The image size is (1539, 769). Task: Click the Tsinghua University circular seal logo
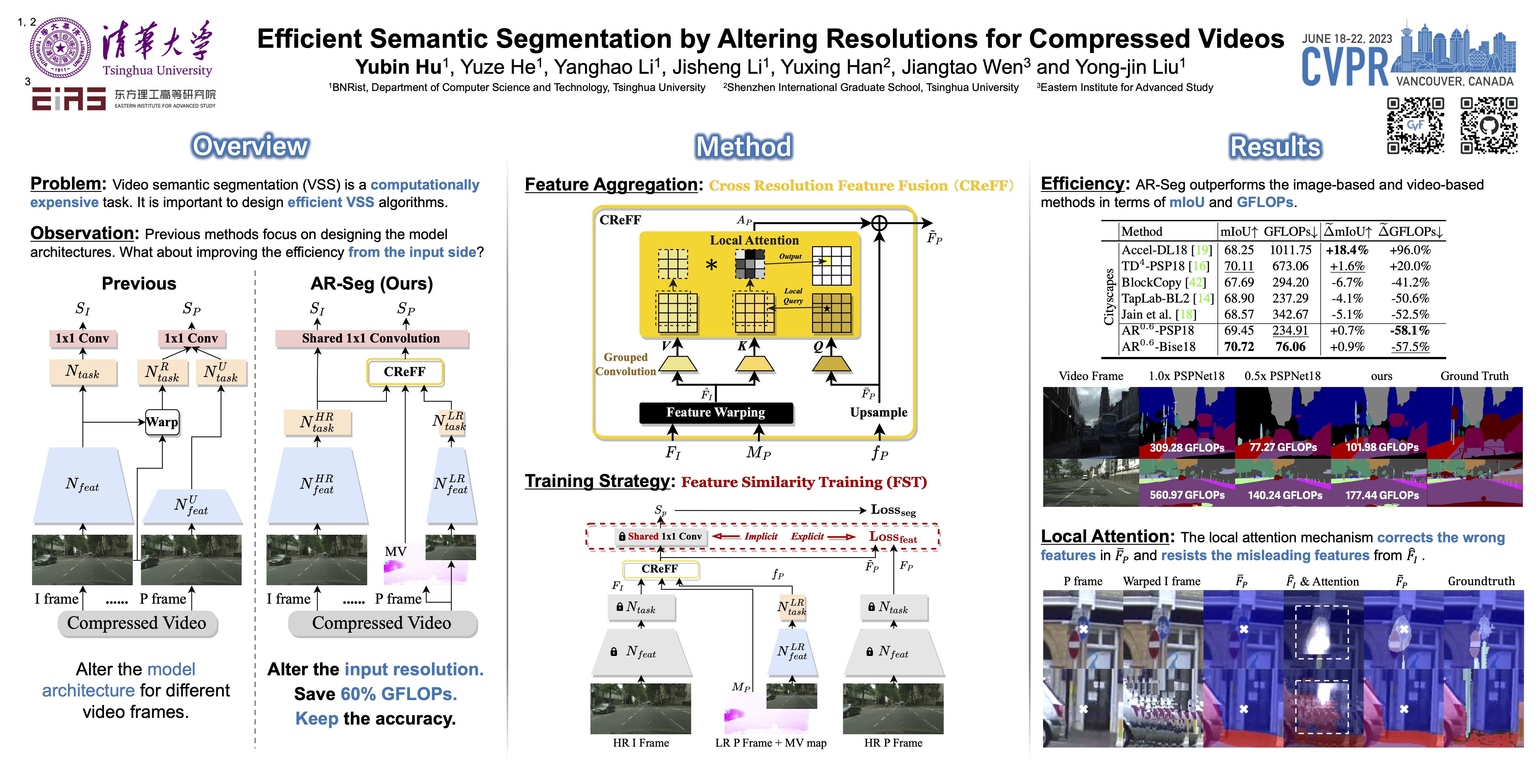(x=60, y=48)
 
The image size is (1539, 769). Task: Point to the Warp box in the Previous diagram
(x=162, y=422)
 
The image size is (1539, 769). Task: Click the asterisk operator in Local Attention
(x=711, y=264)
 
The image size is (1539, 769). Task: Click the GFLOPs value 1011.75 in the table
(x=1290, y=250)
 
